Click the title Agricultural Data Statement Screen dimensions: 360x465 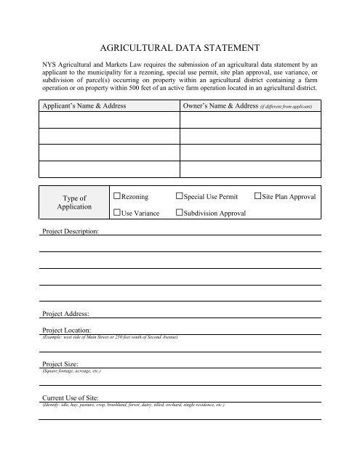[x=180, y=49]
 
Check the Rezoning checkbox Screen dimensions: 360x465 [x=116, y=197]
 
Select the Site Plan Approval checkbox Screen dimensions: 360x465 [x=257, y=197]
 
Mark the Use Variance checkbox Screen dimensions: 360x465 [x=116, y=213]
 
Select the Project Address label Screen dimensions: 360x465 [x=64, y=314]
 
